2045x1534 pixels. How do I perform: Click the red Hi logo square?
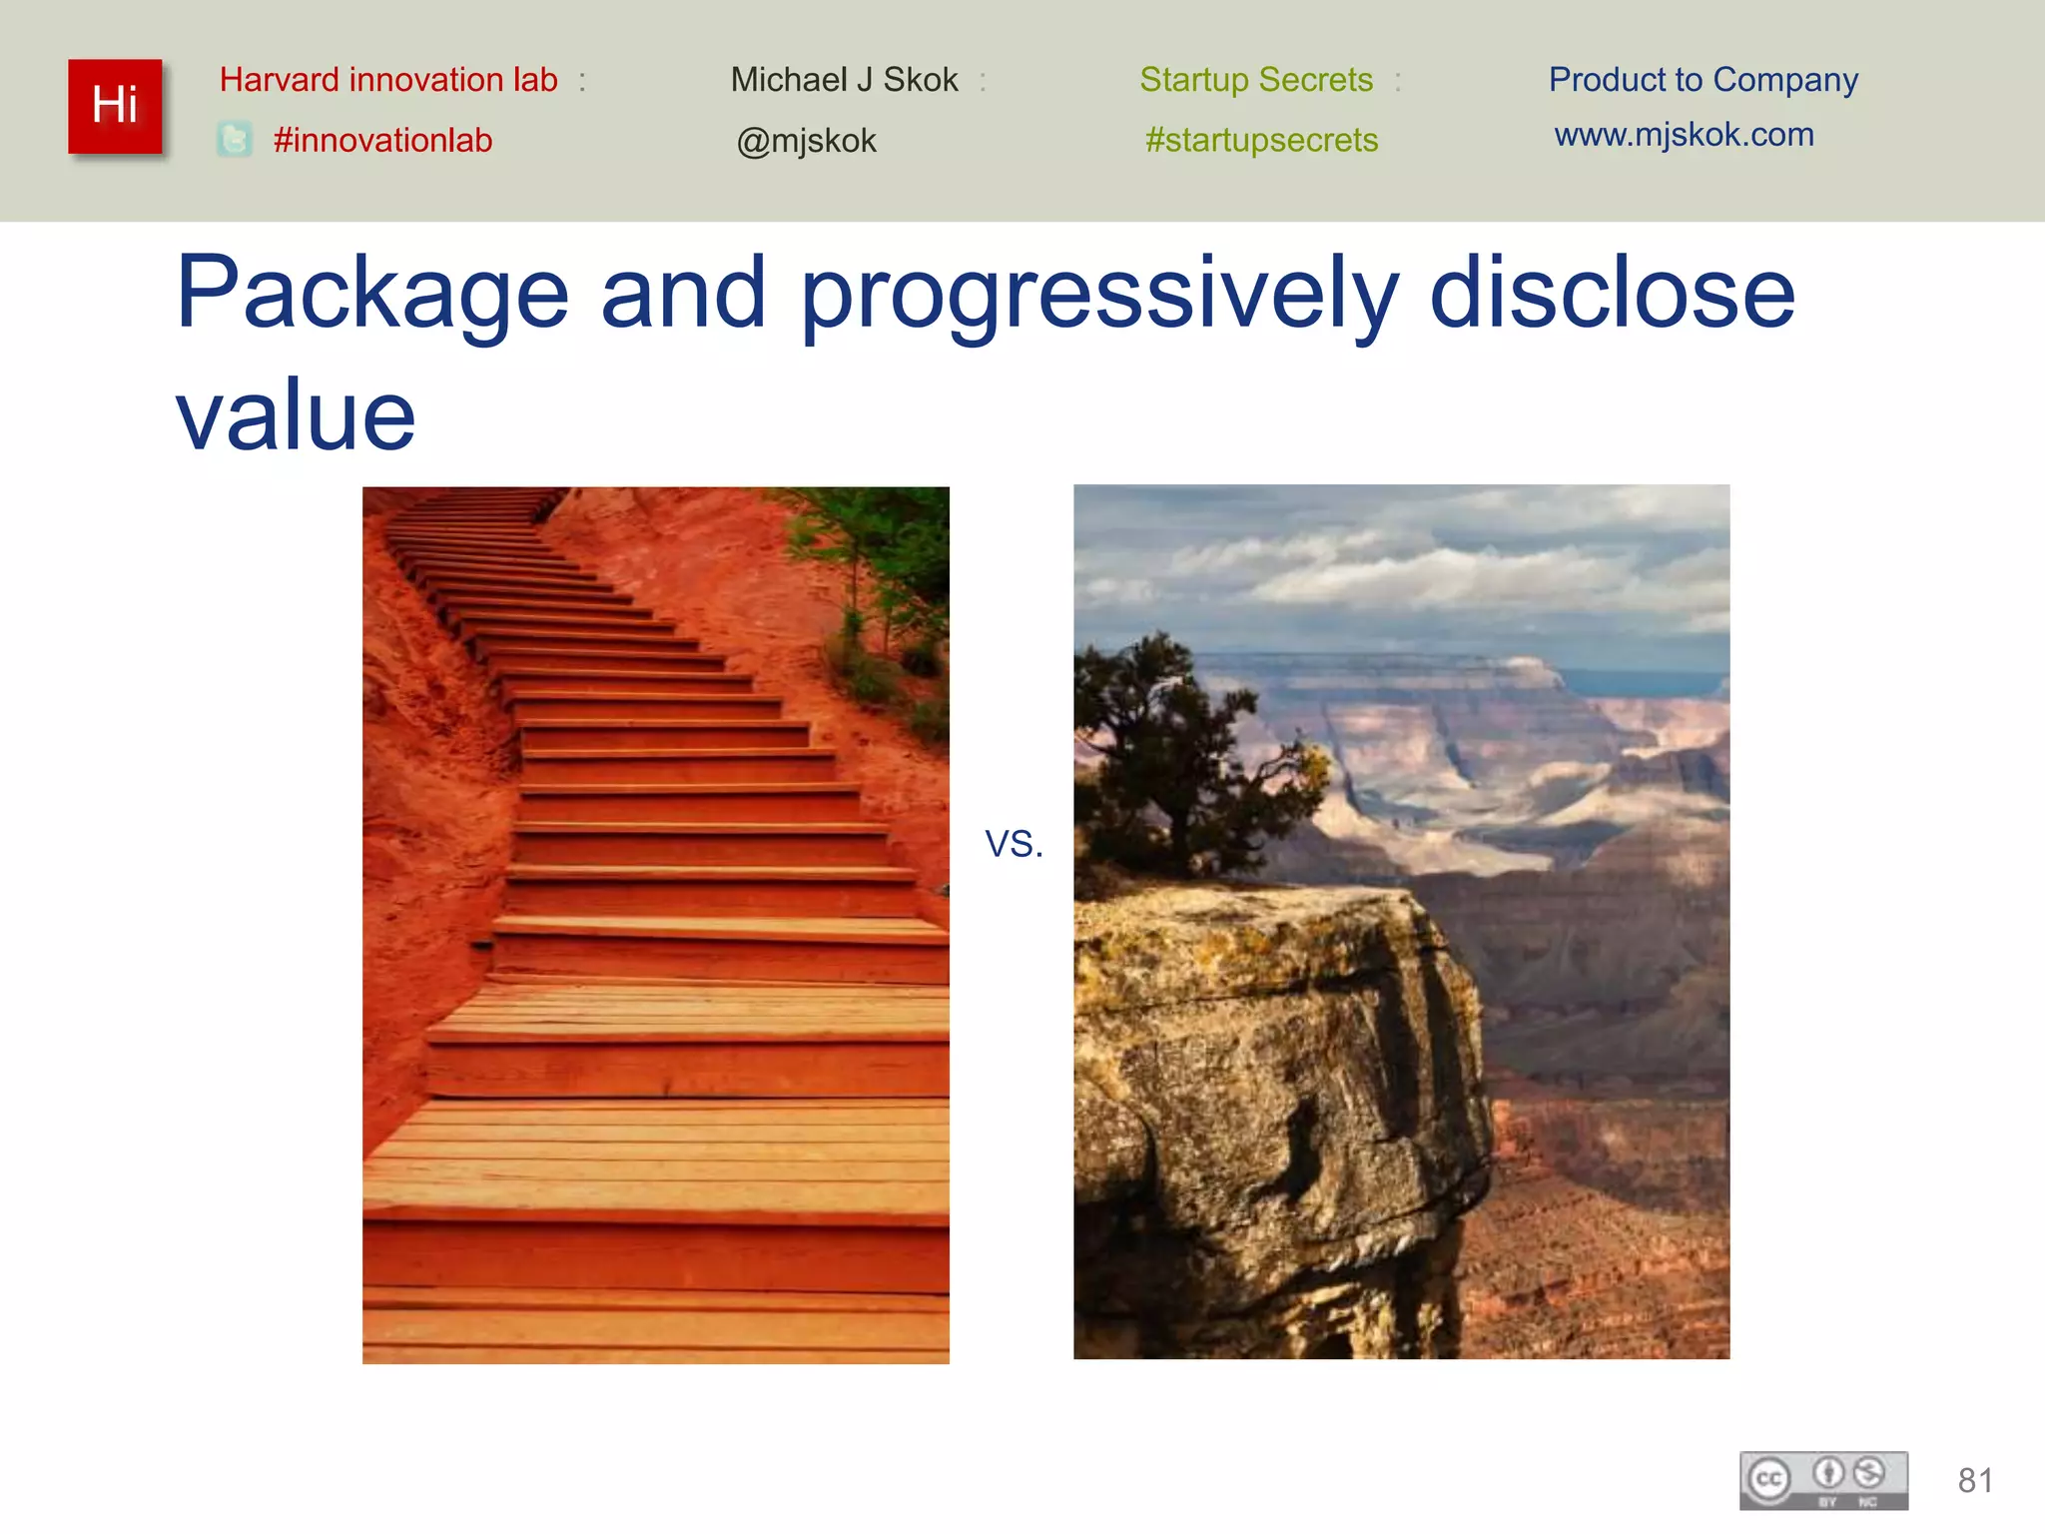tap(115, 106)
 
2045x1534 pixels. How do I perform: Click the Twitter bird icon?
tap(235, 140)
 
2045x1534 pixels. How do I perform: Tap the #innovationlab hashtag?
tap(382, 141)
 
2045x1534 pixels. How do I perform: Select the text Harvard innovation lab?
tap(388, 80)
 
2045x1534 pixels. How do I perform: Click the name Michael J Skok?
tap(844, 80)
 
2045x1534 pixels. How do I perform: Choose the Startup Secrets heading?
tap(1256, 80)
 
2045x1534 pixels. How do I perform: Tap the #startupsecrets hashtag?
tap(1261, 141)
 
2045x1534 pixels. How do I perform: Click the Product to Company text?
tap(1703, 80)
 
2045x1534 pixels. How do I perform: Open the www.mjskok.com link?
tap(1684, 135)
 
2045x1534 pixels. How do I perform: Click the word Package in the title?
tap(371, 294)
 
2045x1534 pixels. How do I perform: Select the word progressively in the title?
tap(1099, 294)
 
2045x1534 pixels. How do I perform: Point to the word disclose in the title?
tap(1613, 294)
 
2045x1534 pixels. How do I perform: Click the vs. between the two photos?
tap(1014, 844)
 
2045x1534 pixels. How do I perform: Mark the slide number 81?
tap(1975, 1480)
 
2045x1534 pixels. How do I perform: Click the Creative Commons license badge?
tap(1823, 1480)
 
